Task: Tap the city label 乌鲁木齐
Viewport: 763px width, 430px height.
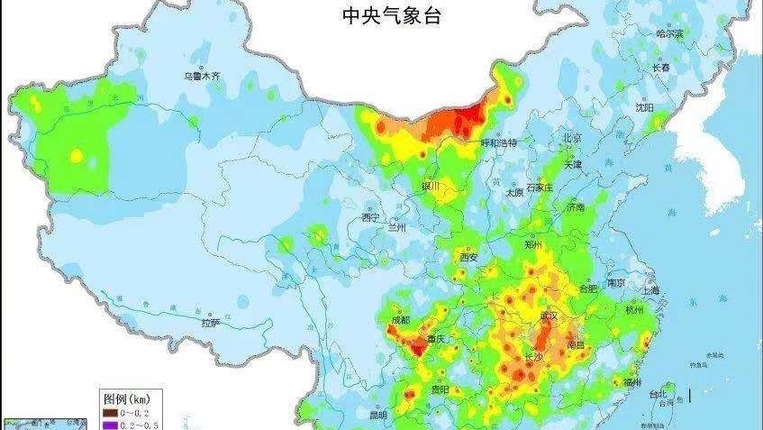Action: pyautogui.click(x=202, y=78)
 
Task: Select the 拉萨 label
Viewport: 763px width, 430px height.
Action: pyautogui.click(x=211, y=321)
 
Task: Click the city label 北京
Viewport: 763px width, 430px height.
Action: pyautogui.click(x=572, y=138)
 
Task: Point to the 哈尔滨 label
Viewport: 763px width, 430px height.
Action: pyautogui.click(x=670, y=34)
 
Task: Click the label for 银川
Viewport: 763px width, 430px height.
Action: pyautogui.click(x=431, y=186)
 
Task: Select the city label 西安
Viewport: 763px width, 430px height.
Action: pyautogui.click(x=469, y=257)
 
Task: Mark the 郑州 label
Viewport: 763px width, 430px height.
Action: pyautogui.click(x=534, y=243)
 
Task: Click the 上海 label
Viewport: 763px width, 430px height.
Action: pyautogui.click(x=650, y=290)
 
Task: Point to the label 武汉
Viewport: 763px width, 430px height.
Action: pyautogui.click(x=548, y=316)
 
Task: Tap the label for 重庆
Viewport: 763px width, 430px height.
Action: pyautogui.click(x=437, y=339)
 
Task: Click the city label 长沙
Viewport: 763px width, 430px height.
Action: pyautogui.click(x=533, y=357)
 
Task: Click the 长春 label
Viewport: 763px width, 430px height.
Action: pyautogui.click(x=660, y=68)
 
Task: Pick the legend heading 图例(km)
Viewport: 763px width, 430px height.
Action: pyautogui.click(x=125, y=397)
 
